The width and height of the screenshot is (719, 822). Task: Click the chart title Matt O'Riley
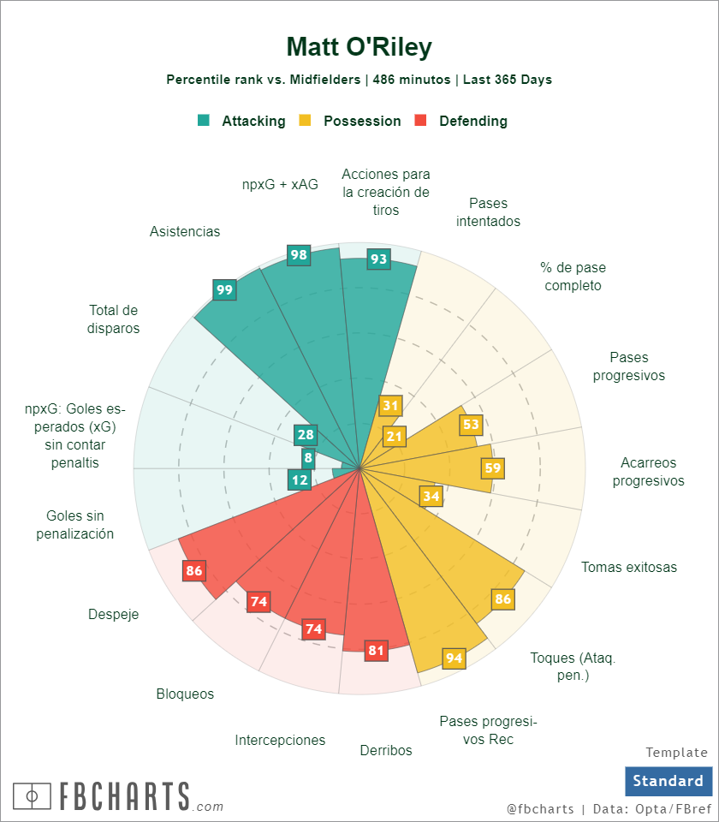click(359, 46)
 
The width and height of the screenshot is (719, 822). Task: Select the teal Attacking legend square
click(204, 121)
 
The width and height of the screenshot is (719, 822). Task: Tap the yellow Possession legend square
click(305, 121)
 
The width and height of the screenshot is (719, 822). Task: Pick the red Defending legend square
click(420, 121)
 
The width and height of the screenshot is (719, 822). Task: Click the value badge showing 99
click(224, 289)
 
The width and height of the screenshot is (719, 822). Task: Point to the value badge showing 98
click(299, 254)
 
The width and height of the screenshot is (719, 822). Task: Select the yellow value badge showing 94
click(455, 658)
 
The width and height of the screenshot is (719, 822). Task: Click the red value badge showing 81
click(376, 650)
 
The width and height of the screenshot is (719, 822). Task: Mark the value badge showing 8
click(308, 459)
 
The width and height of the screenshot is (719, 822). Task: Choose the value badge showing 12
click(300, 479)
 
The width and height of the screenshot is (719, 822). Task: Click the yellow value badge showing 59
click(492, 468)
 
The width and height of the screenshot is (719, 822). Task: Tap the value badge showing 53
click(471, 424)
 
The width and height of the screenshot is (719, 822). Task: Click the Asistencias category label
click(185, 231)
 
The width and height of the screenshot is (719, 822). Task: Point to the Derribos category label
click(386, 750)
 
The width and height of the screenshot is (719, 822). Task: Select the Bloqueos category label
click(185, 694)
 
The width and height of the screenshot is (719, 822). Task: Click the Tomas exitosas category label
click(629, 567)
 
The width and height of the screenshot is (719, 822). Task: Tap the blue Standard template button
click(668, 781)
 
